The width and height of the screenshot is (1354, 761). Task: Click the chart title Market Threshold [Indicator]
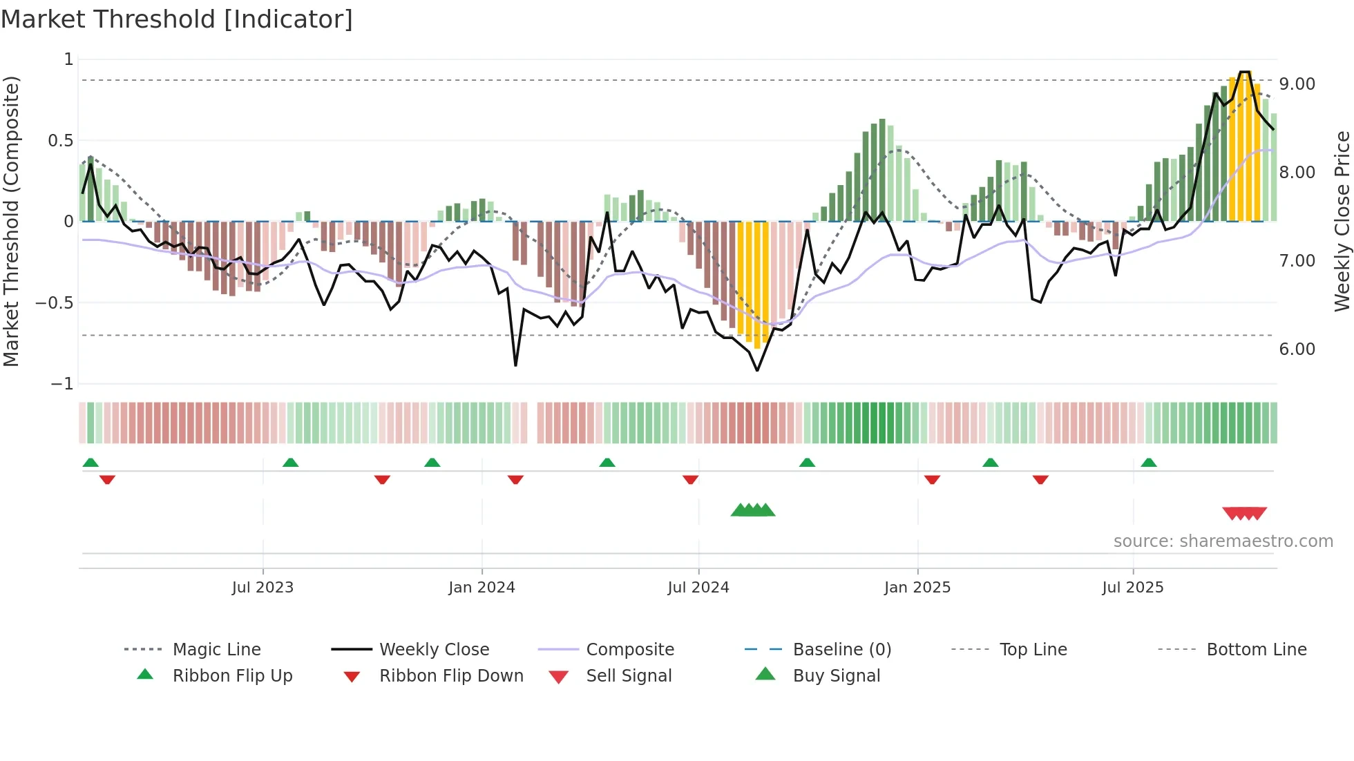(x=177, y=19)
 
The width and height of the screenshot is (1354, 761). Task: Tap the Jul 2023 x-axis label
(x=263, y=588)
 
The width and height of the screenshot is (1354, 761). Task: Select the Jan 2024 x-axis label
(x=481, y=588)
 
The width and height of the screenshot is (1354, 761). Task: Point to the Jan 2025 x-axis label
(x=917, y=588)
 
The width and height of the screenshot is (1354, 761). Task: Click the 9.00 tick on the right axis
(x=1297, y=84)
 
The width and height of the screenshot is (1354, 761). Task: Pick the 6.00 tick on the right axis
(x=1297, y=349)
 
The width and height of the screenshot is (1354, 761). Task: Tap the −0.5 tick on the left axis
(x=55, y=303)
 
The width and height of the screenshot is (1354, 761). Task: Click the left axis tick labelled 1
(x=68, y=59)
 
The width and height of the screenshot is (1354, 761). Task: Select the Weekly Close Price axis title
(x=1342, y=221)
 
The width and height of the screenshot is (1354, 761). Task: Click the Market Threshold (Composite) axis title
(x=11, y=221)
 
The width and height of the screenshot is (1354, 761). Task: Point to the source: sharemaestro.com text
(x=1223, y=541)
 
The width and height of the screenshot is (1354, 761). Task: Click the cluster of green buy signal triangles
(x=753, y=510)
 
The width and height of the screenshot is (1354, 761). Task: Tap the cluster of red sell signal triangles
(x=1244, y=514)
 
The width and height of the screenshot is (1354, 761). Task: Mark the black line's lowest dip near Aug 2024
(x=757, y=370)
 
